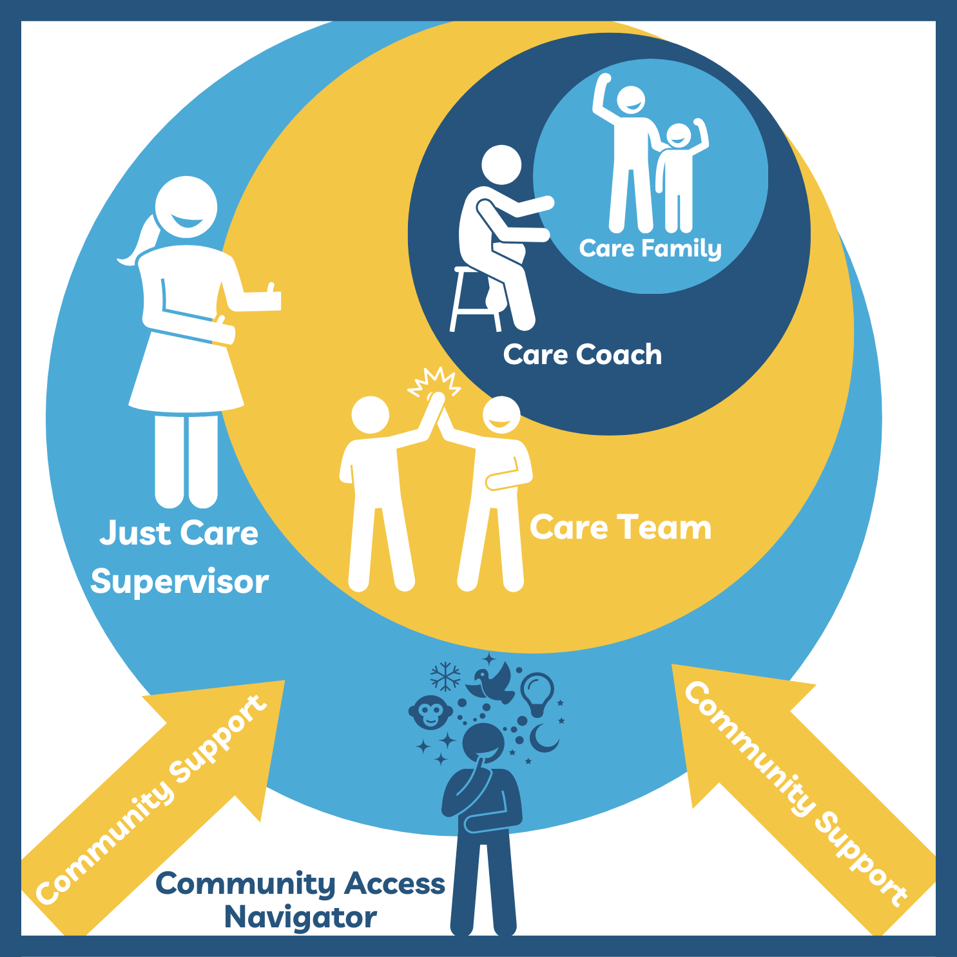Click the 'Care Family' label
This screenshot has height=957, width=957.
pyautogui.click(x=650, y=249)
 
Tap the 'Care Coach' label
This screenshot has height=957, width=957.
pyautogui.click(x=582, y=355)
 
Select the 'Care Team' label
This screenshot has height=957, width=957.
pyautogui.click(x=621, y=528)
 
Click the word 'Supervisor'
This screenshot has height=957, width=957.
pyautogui.click(x=179, y=583)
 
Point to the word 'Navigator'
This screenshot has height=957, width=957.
pyautogui.click(x=300, y=918)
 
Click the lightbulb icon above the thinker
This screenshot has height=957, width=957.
pyautogui.click(x=537, y=692)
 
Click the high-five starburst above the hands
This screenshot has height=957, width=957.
pyautogui.click(x=436, y=382)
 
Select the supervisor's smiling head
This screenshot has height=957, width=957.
pyautogui.click(x=186, y=207)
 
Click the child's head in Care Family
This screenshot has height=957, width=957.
pyautogui.click(x=678, y=135)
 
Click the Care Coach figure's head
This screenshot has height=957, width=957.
pyautogui.click(x=501, y=164)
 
